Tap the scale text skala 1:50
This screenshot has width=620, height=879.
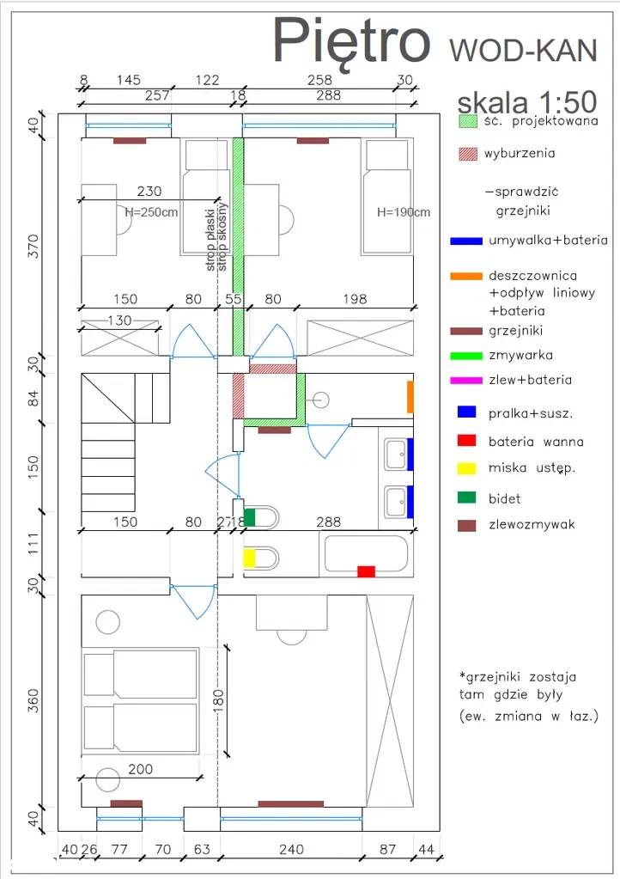[x=515, y=103]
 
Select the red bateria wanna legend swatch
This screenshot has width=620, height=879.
[x=466, y=441]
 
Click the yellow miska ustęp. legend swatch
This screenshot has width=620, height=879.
[x=466, y=468]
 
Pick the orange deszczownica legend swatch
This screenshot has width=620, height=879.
[x=465, y=276]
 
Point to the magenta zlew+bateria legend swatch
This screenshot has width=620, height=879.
[x=465, y=380]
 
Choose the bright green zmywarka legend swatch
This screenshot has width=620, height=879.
[x=465, y=355]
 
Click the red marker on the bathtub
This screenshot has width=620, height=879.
[x=366, y=571]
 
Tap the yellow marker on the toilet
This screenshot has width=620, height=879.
[x=249, y=558]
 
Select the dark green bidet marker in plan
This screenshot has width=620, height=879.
[x=249, y=518]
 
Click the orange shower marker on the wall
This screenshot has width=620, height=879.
[x=410, y=397]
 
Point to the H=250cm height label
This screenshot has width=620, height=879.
[x=151, y=212]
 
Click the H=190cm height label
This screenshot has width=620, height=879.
[x=403, y=212]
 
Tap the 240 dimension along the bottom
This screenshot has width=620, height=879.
[x=291, y=850]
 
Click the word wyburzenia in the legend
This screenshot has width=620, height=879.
[x=520, y=154]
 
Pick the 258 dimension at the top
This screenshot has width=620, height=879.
[x=319, y=80]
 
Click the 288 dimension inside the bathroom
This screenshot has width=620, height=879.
[x=328, y=522]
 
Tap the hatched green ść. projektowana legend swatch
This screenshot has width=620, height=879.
[x=466, y=122]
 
